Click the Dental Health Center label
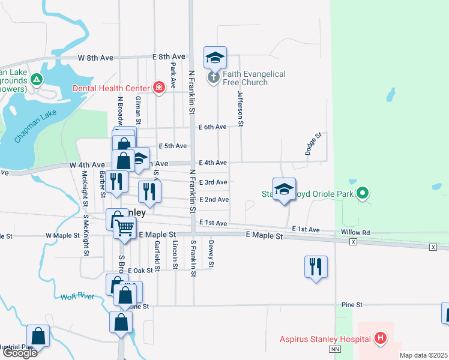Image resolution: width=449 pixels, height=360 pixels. pyautogui.click(x=112, y=88)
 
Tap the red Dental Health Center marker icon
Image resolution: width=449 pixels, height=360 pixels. pyautogui.click(x=158, y=88)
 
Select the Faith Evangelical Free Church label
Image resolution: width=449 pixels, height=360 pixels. pyautogui.click(x=255, y=78)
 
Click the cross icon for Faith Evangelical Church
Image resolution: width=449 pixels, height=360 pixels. pyautogui.click(x=214, y=77)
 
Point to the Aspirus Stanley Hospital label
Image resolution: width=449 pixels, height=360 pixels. pyautogui.click(x=325, y=339)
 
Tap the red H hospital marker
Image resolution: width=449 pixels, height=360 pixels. pyautogui.click(x=379, y=339)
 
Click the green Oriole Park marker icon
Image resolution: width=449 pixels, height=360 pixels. pyautogui.click(x=362, y=193)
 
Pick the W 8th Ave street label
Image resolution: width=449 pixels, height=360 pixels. pyautogui.click(x=95, y=58)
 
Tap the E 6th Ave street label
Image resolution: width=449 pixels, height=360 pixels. pyautogui.click(x=213, y=127)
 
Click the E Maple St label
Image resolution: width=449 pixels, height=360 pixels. pyautogui.click(x=264, y=236)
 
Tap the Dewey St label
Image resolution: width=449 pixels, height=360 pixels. pyautogui.click(x=211, y=254)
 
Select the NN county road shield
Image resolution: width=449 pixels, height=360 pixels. pyautogui.click(x=335, y=349)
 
